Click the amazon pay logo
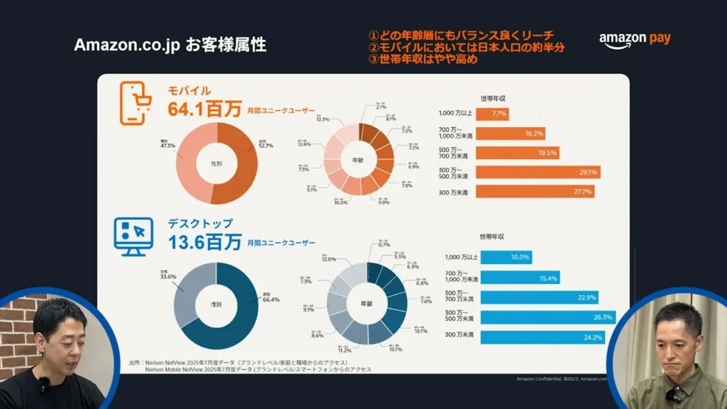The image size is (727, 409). (x=634, y=40)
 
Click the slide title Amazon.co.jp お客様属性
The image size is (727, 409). (x=170, y=45)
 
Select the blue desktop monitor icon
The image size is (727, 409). (x=133, y=236)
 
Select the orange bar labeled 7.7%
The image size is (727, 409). (x=492, y=114)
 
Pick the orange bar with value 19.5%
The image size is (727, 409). (x=518, y=152)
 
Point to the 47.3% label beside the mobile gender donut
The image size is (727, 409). (x=168, y=144)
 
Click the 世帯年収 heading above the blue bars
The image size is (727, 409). (x=492, y=236)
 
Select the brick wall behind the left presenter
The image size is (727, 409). (x=14, y=334)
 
